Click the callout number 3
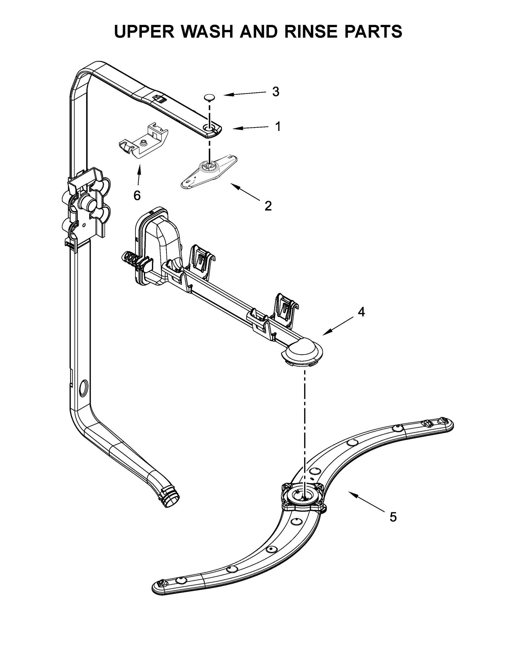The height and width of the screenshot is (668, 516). (x=275, y=92)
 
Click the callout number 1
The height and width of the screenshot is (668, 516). (x=278, y=127)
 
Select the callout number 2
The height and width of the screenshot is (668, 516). (x=268, y=206)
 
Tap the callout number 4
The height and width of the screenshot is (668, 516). (x=361, y=312)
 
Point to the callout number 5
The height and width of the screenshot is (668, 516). (x=393, y=517)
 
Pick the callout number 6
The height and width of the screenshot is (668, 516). (x=137, y=195)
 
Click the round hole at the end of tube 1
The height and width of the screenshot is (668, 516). (x=209, y=129)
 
